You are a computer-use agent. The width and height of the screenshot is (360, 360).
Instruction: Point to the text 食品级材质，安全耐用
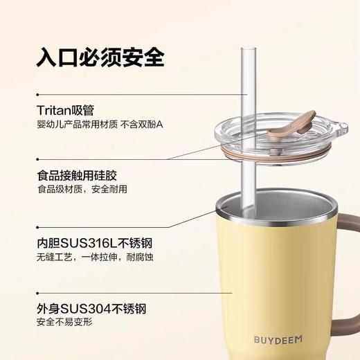click(x=82, y=189)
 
